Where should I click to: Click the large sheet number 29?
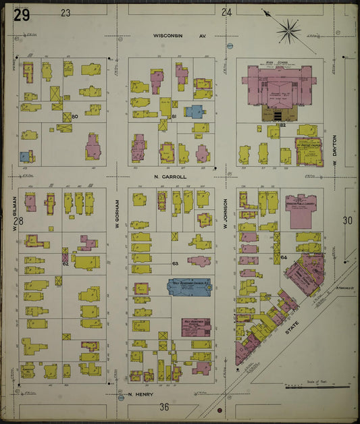click(22, 15)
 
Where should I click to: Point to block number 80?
click(75, 117)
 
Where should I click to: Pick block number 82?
click(283, 126)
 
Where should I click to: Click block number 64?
click(284, 257)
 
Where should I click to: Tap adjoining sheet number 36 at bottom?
click(164, 406)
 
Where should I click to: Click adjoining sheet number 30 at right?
click(347, 220)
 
